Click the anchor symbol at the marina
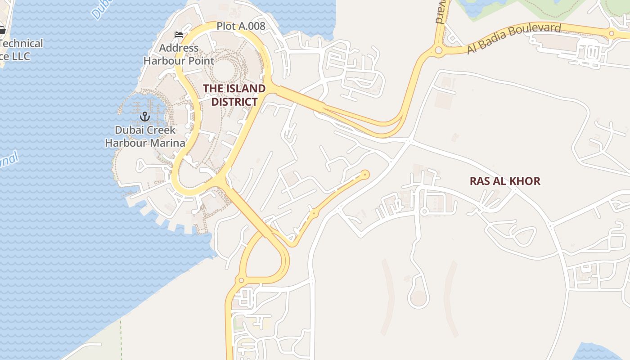pos(144,117)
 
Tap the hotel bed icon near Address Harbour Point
pos(179,35)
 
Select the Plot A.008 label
pos(241,26)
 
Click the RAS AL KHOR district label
pos(505,181)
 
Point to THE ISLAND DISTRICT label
pos(234,95)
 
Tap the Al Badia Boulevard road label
pos(514,38)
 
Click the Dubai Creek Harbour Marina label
pos(145,136)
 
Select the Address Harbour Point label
pos(179,54)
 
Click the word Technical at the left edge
pos(22,43)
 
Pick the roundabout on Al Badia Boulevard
pos(438,50)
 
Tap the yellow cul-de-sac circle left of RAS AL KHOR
pos(365,174)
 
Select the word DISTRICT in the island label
pos(234,102)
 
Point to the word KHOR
pos(524,181)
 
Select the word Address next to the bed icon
pos(179,48)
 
